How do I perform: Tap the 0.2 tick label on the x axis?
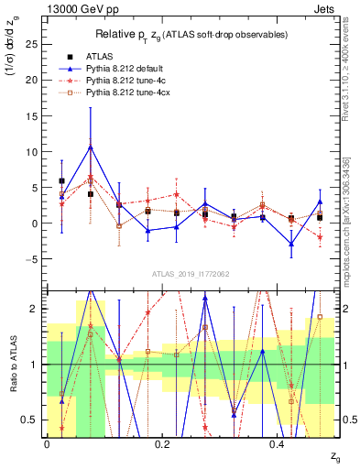click(x=163, y=442)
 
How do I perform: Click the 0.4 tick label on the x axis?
click(x=279, y=442)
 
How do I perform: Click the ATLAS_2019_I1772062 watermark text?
click(x=191, y=273)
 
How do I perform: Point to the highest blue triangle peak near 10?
click(x=90, y=147)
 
